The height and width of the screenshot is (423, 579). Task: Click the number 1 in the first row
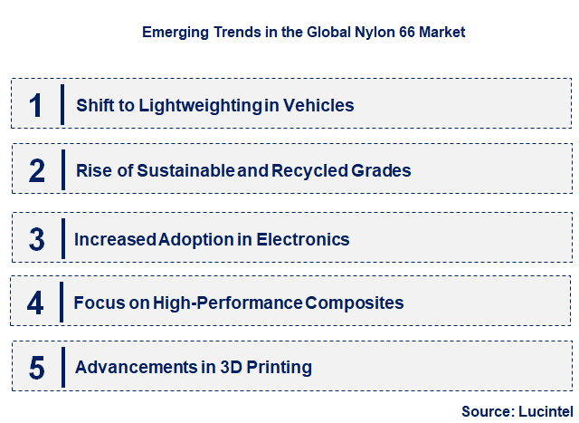pos(35,105)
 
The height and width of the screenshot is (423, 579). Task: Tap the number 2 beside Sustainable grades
pos(36,170)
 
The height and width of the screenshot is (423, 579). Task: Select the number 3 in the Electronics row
pos(36,239)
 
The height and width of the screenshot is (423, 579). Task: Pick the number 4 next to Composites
pos(35,303)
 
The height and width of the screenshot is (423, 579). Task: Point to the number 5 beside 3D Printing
pos(36,368)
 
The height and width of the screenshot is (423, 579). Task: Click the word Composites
pos(355,303)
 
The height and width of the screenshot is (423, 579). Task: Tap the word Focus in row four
pos(100,303)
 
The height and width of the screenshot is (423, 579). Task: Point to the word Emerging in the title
pos(175,32)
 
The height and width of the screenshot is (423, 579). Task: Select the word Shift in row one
pos(95,105)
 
